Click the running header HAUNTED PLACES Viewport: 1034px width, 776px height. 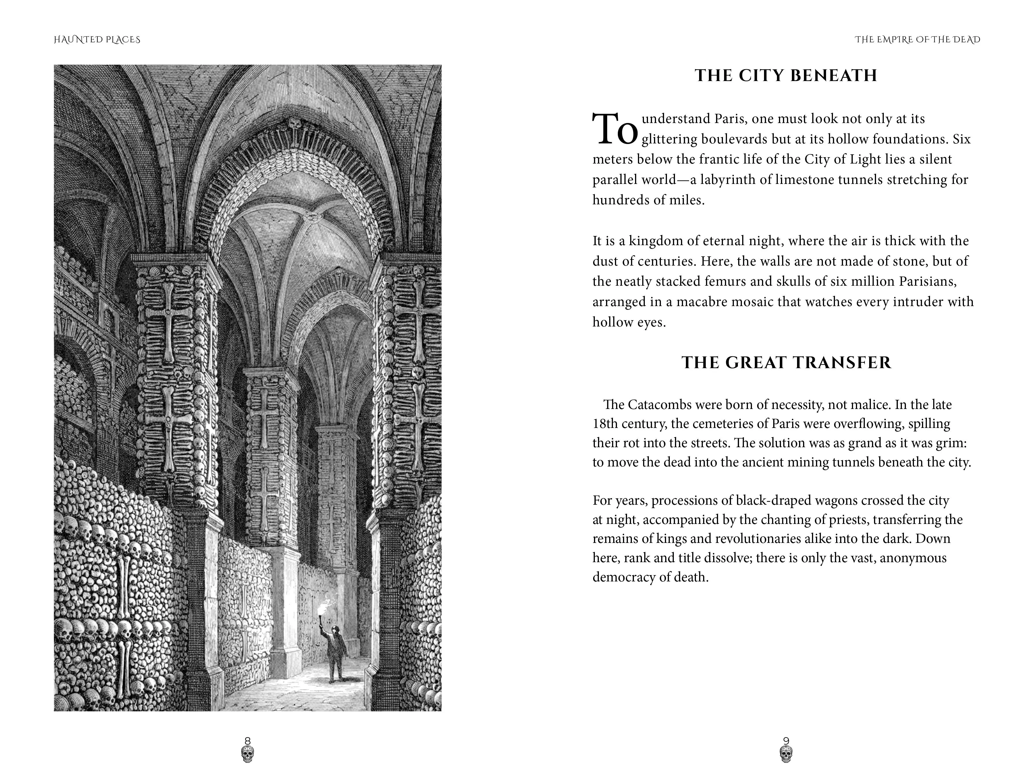click(x=97, y=40)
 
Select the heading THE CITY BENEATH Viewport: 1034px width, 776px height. click(x=786, y=76)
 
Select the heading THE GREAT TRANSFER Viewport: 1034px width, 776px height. click(x=786, y=362)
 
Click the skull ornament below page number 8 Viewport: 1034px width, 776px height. click(x=248, y=754)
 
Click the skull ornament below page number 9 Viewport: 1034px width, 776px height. click(x=786, y=754)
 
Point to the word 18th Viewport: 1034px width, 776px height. click(x=604, y=424)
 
